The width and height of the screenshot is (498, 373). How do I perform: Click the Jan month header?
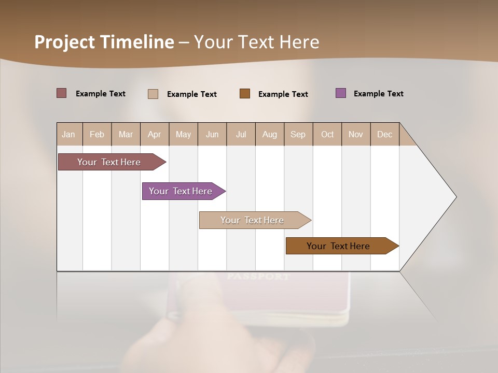[69, 134]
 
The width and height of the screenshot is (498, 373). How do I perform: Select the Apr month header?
[155, 134]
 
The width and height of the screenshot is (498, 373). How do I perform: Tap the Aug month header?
[270, 134]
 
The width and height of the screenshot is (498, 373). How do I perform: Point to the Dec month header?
[384, 134]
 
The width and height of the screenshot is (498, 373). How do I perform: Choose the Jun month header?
[212, 134]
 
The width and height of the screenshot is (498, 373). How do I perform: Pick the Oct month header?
[327, 134]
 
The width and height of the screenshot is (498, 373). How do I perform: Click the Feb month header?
[97, 134]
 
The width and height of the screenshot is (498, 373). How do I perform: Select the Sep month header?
[298, 134]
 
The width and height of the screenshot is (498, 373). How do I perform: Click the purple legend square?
[341, 93]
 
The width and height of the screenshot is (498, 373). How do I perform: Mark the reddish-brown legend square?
[62, 93]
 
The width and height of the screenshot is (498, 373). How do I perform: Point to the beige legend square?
[153, 94]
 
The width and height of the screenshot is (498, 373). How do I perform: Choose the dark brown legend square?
[245, 94]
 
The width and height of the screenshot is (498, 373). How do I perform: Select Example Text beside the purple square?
[378, 94]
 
